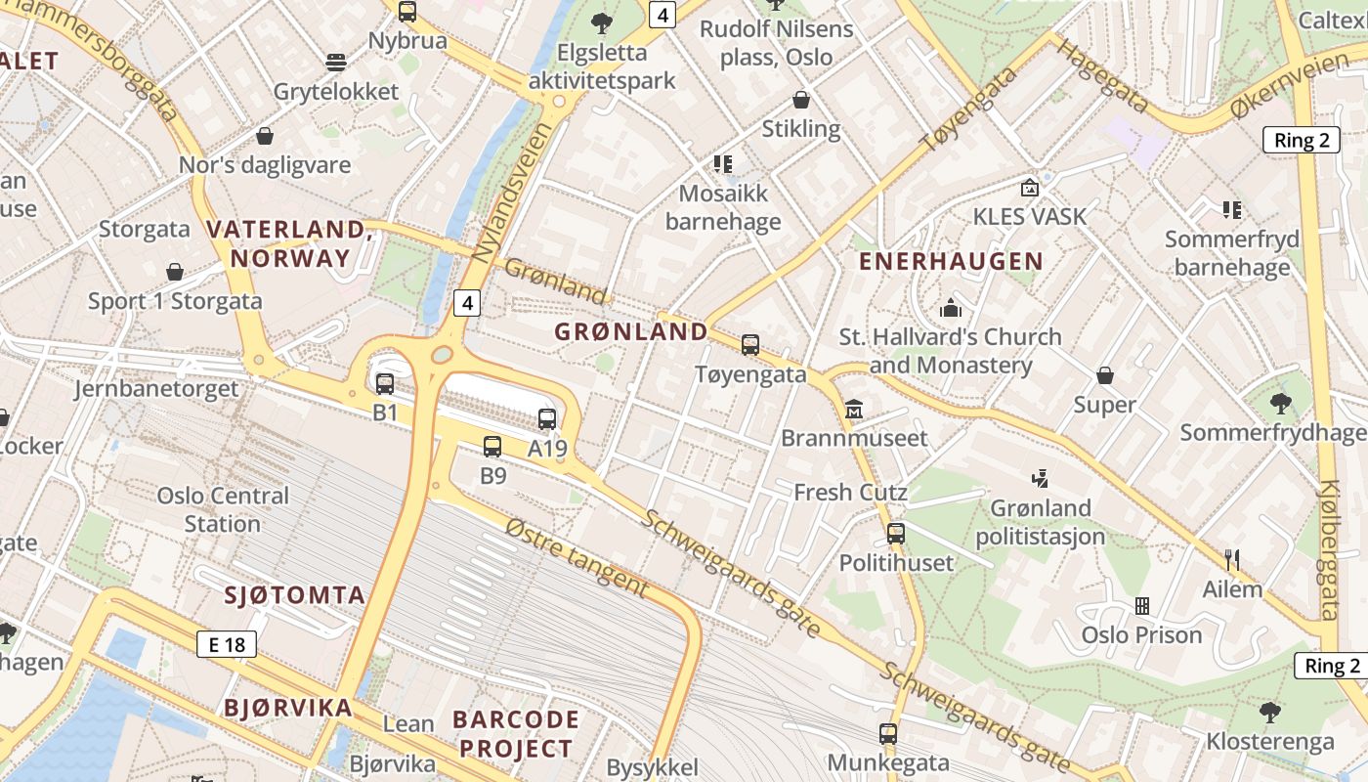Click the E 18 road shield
(x=227, y=644)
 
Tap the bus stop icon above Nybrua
(x=407, y=12)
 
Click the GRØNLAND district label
(x=631, y=331)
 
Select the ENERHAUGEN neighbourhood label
(x=951, y=261)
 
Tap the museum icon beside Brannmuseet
(x=854, y=409)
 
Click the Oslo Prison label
(x=1141, y=635)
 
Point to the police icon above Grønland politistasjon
(x=1041, y=479)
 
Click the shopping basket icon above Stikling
(x=801, y=100)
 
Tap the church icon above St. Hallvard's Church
(x=951, y=309)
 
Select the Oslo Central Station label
(x=223, y=509)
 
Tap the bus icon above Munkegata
(x=888, y=733)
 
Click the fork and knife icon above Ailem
(x=1232, y=560)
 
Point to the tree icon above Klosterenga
(x=1269, y=712)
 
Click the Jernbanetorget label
(x=156, y=388)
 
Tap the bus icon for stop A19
(x=547, y=419)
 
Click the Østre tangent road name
(x=577, y=558)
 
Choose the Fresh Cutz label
(x=850, y=492)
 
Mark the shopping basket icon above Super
(x=1105, y=375)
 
